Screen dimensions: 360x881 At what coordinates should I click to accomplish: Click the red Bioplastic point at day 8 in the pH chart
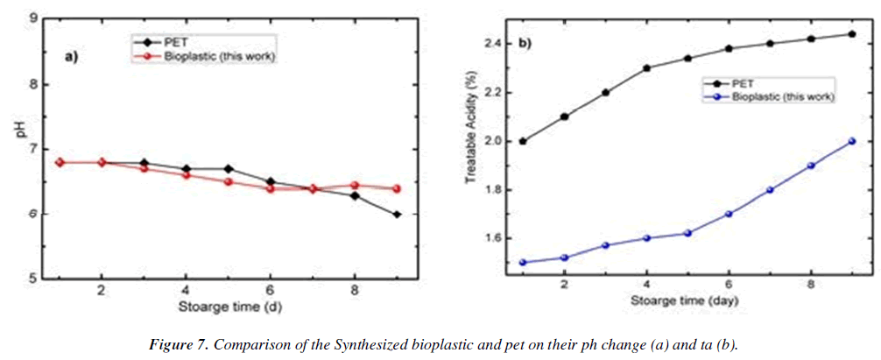(354, 186)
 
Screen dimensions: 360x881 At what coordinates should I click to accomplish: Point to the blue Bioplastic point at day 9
(852, 141)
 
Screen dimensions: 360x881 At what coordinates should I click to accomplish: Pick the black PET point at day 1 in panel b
(523, 141)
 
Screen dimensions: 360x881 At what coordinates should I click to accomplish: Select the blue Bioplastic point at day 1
(523, 262)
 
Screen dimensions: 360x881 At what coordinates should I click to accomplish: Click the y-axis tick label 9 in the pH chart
(32, 18)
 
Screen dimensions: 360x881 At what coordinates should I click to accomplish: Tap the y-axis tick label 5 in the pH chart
(32, 279)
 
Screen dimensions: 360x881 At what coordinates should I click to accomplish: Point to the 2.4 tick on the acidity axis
(494, 44)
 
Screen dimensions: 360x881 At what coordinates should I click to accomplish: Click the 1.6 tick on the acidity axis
(494, 238)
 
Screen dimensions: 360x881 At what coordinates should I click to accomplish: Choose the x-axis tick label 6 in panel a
(270, 290)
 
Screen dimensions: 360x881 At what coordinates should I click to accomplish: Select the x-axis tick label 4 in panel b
(646, 285)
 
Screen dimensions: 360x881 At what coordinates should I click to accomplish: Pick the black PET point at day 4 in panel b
(646, 68)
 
